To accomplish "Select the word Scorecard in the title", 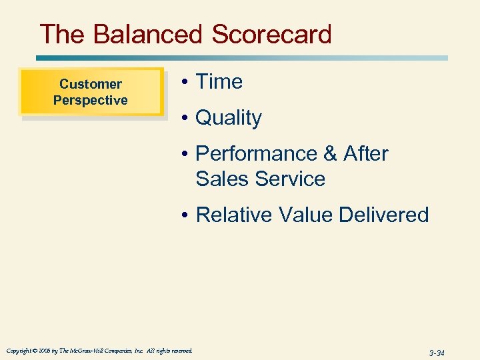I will tap(271, 34).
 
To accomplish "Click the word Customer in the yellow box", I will tap(91, 84).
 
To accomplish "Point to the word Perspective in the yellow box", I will tap(91, 100).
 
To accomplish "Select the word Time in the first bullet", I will tap(219, 82).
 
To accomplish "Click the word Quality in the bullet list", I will tap(228, 118).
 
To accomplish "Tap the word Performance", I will tap(256, 154).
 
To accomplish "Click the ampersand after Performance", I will tap(330, 154).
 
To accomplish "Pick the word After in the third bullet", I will tap(365, 154).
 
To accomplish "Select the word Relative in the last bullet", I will tap(231, 215).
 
